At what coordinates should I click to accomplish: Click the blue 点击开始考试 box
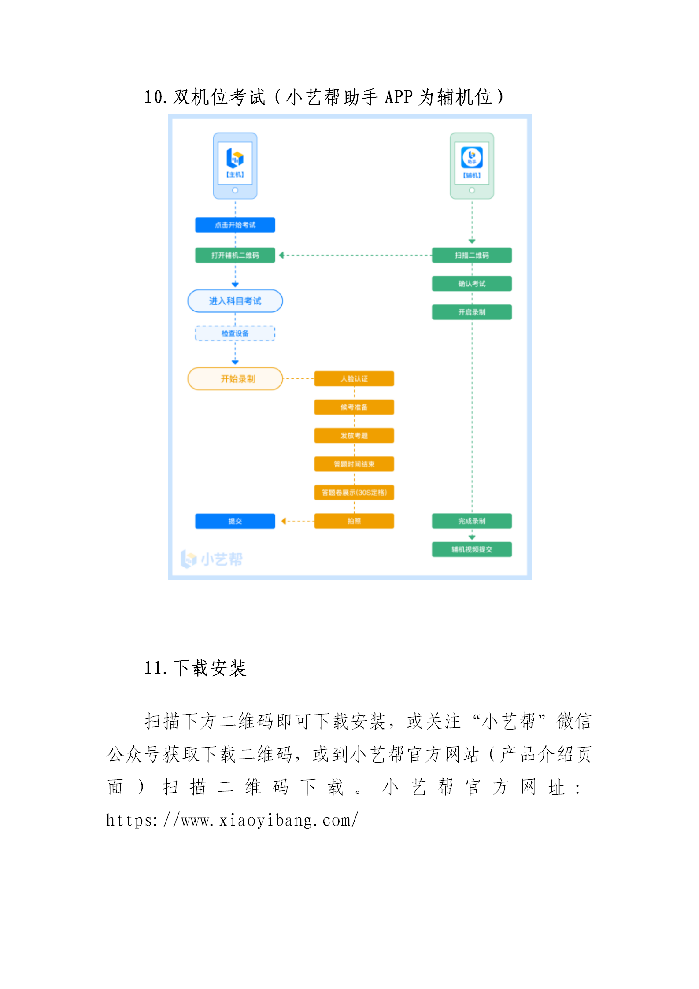(235, 225)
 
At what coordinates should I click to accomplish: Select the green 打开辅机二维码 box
(235, 255)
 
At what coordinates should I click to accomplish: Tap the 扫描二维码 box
(471, 255)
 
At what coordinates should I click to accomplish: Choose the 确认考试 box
(471, 284)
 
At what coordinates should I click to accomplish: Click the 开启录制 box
(471, 312)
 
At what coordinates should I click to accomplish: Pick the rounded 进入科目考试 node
(235, 301)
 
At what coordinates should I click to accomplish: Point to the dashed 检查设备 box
(235, 333)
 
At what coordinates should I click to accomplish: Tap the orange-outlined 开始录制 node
(235, 379)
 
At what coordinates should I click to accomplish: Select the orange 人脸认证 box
(354, 379)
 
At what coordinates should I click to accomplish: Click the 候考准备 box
(354, 407)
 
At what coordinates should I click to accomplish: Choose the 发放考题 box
(354, 436)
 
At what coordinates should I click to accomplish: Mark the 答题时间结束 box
(354, 464)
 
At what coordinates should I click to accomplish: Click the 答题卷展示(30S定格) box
(354, 493)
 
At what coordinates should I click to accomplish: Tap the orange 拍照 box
(354, 521)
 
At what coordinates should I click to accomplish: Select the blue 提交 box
(235, 521)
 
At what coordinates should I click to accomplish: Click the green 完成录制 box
(471, 521)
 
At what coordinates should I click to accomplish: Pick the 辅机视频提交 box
(471, 549)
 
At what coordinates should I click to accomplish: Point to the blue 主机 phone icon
(235, 166)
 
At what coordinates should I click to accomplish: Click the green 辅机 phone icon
(471, 166)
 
